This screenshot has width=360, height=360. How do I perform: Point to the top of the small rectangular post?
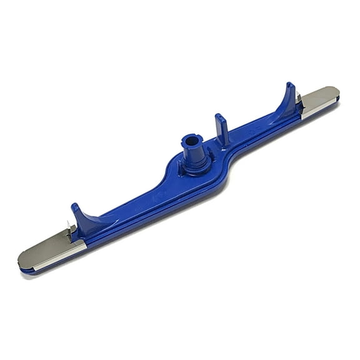220,116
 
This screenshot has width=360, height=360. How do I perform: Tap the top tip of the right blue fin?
290,84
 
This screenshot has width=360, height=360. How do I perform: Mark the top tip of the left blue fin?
74,206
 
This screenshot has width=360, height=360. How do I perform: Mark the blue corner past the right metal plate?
338,99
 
